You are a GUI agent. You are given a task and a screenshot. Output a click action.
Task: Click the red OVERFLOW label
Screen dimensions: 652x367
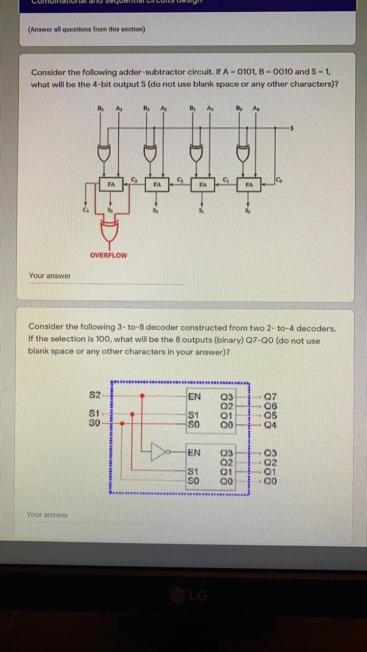[x=108, y=255]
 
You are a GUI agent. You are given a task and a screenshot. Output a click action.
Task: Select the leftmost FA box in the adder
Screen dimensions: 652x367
[x=111, y=184]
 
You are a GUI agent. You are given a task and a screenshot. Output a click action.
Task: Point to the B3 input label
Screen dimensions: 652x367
[x=100, y=108]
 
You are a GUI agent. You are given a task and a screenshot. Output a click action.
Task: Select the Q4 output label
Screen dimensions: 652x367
[x=271, y=424]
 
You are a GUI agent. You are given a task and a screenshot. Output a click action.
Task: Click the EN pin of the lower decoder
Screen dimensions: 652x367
[x=194, y=453]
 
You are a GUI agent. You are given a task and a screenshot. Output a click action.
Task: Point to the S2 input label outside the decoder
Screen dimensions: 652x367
[x=95, y=395]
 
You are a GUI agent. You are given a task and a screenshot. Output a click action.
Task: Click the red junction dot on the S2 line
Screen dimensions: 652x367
[x=143, y=395]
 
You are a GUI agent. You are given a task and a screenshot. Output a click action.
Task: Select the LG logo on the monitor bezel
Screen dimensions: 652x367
[x=190, y=595]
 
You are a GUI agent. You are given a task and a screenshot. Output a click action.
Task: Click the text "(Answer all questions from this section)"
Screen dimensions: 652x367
[x=86, y=29]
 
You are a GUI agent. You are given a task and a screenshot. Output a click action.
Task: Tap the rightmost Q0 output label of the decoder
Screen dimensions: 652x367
[x=271, y=480]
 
